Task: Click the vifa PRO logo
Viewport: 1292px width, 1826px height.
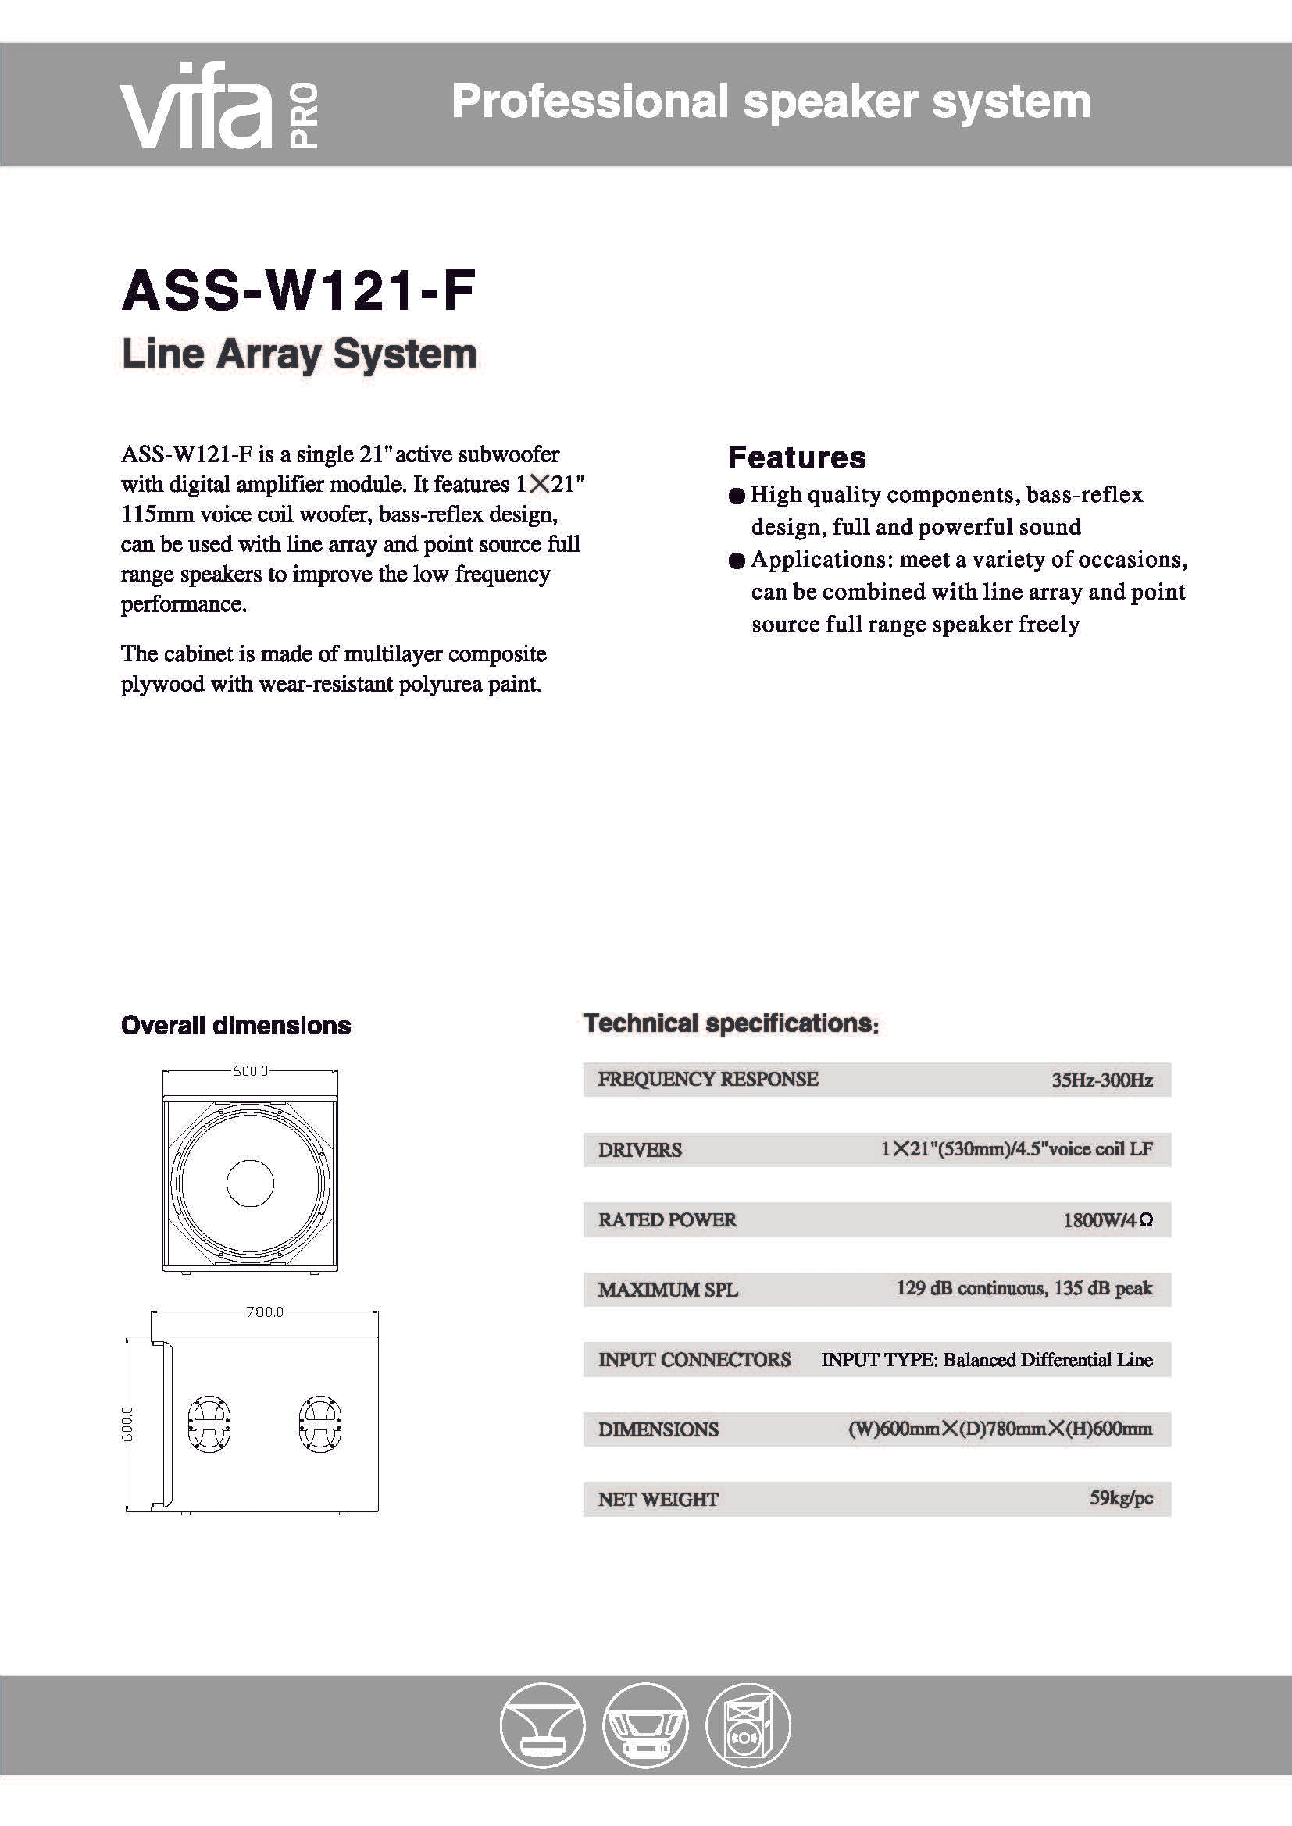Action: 219,105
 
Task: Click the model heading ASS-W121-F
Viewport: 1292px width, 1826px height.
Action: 298,291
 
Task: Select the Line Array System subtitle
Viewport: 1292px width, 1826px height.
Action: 298,354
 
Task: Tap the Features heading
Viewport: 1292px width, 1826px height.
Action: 796,458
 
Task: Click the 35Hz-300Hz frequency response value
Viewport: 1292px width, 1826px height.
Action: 1101,1080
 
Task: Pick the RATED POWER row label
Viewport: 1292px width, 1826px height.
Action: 666,1220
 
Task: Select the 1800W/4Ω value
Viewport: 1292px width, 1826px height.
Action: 1108,1220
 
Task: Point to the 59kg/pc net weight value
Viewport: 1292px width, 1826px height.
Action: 1120,1499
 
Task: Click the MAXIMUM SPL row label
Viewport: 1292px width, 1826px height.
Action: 667,1290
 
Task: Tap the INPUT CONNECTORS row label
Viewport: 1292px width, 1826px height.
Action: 694,1360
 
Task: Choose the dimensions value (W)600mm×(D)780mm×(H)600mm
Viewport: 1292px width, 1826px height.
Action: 999,1429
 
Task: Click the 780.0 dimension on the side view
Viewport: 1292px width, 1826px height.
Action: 264,1312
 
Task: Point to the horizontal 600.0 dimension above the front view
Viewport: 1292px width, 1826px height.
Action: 250,1071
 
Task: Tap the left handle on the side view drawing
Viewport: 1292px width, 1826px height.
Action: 209,1423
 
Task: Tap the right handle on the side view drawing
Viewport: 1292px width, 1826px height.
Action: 319,1423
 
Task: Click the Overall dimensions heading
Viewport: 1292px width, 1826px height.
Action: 235,1026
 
